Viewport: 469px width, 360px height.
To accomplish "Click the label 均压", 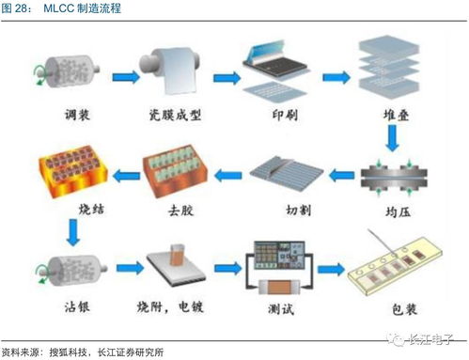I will click(x=389, y=209).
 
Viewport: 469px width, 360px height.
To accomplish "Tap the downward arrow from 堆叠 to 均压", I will click(x=389, y=140).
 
